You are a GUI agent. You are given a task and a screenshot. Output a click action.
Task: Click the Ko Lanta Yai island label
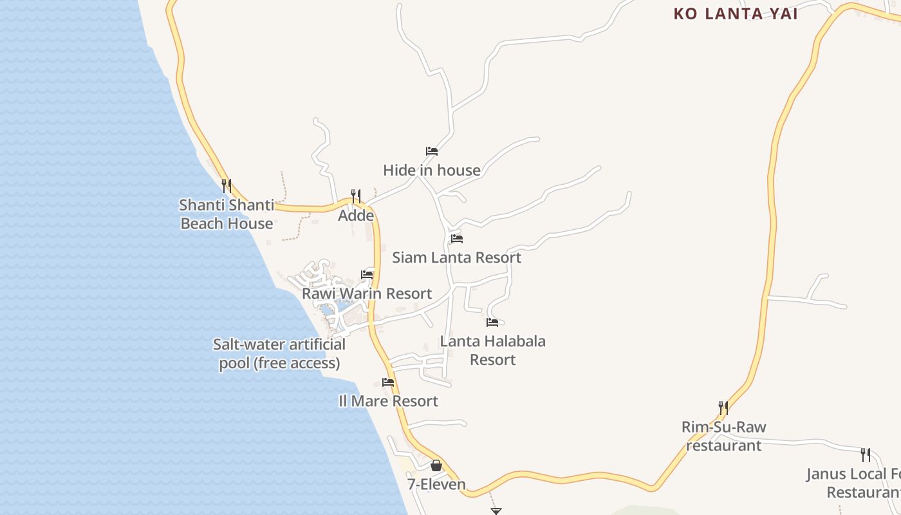click(736, 14)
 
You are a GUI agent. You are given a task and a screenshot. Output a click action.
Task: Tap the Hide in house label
click(432, 170)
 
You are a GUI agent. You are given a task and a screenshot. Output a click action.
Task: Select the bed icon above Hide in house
click(432, 151)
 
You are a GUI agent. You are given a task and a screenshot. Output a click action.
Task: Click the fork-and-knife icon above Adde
click(355, 196)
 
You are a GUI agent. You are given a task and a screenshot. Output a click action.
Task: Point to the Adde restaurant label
click(356, 215)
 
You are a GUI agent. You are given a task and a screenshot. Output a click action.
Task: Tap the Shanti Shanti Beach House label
click(227, 214)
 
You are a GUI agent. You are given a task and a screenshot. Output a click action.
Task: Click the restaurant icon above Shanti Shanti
click(227, 186)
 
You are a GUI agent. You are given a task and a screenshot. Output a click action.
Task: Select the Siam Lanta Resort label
click(457, 257)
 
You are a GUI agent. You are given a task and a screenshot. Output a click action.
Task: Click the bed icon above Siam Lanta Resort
click(457, 239)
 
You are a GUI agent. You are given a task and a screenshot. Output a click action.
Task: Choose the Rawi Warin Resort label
click(367, 294)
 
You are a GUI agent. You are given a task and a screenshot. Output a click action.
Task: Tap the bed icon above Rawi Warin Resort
click(367, 275)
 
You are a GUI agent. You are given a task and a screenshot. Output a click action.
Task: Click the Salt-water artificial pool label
click(279, 353)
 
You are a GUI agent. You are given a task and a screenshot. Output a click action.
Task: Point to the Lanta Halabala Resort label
click(493, 350)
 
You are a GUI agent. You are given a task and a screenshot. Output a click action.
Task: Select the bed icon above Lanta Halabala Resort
click(492, 323)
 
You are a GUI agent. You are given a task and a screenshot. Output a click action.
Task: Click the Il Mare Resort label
click(388, 401)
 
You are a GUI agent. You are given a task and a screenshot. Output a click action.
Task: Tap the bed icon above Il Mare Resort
click(388, 382)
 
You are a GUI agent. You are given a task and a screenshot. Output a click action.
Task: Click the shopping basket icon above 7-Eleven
click(436, 465)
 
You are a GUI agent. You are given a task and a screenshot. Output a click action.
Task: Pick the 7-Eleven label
click(436, 484)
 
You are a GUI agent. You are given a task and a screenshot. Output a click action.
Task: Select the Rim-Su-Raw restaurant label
click(724, 436)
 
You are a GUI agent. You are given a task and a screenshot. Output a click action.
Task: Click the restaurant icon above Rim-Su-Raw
click(723, 408)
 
